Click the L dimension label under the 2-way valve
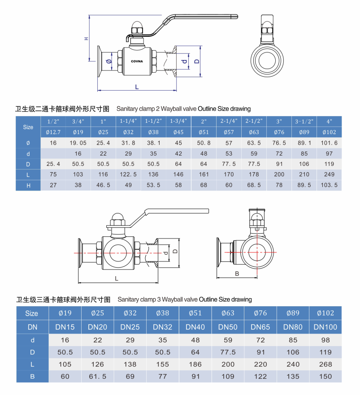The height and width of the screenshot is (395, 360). [x=137, y=86]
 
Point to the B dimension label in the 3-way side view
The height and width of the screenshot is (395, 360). [x=237, y=273]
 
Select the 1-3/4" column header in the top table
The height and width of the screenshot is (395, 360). [x=178, y=122]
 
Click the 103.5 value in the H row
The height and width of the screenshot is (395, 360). [x=330, y=185]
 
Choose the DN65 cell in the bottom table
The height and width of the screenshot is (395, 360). [x=260, y=327]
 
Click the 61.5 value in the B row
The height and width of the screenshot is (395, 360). [x=97, y=376]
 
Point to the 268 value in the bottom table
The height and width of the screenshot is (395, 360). [x=325, y=364]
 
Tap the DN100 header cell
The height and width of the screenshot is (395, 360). [x=325, y=327]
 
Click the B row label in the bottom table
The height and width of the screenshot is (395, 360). [x=32, y=376]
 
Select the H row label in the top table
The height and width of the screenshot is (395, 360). [x=28, y=185]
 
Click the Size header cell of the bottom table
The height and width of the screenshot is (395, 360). [x=32, y=313]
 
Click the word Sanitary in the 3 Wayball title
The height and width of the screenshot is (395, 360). [x=128, y=299]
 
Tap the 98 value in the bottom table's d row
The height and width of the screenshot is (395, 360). [x=325, y=340]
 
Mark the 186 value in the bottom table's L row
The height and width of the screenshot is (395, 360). [x=195, y=364]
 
